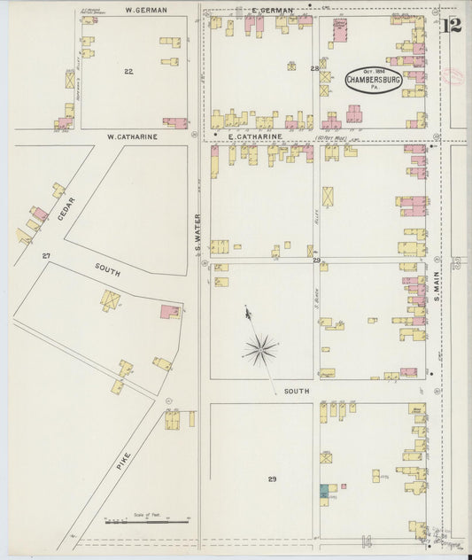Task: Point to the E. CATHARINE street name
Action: (254, 137)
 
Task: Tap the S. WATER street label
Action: (199, 233)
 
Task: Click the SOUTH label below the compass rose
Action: (296, 391)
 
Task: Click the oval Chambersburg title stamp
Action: (373, 78)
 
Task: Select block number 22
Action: (128, 71)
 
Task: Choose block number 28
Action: (313, 68)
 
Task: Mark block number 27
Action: (45, 255)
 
